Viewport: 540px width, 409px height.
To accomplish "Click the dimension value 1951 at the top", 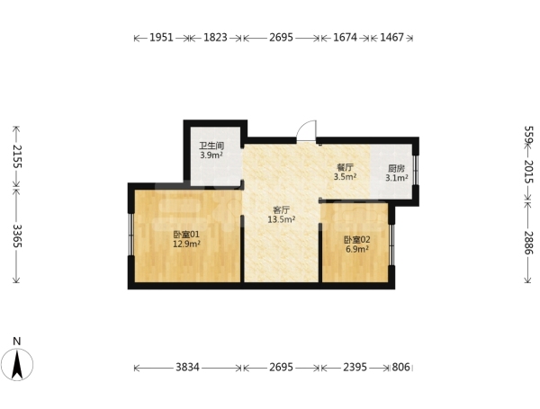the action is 161,37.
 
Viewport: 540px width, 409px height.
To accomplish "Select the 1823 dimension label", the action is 215,37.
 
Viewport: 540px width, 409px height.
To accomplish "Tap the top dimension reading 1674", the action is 345,37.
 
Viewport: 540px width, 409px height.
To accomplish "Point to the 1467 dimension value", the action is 391,37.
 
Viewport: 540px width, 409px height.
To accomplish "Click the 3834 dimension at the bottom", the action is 187,368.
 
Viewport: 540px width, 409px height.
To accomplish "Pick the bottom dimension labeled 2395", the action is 355,368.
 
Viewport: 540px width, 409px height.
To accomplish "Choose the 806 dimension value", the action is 401,368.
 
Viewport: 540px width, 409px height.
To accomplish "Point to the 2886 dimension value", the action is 528,243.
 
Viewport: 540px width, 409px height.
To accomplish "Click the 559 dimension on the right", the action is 528,135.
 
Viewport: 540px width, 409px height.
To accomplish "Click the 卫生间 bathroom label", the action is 211,146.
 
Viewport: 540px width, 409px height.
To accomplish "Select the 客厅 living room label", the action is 281,209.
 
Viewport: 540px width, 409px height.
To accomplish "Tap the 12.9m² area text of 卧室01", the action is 186,245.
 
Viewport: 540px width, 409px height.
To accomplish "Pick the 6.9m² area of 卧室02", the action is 357,249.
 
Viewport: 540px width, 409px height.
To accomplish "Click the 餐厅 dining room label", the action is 345,168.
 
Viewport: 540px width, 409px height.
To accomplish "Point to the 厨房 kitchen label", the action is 396,169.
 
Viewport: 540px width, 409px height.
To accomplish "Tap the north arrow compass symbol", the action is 17,365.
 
